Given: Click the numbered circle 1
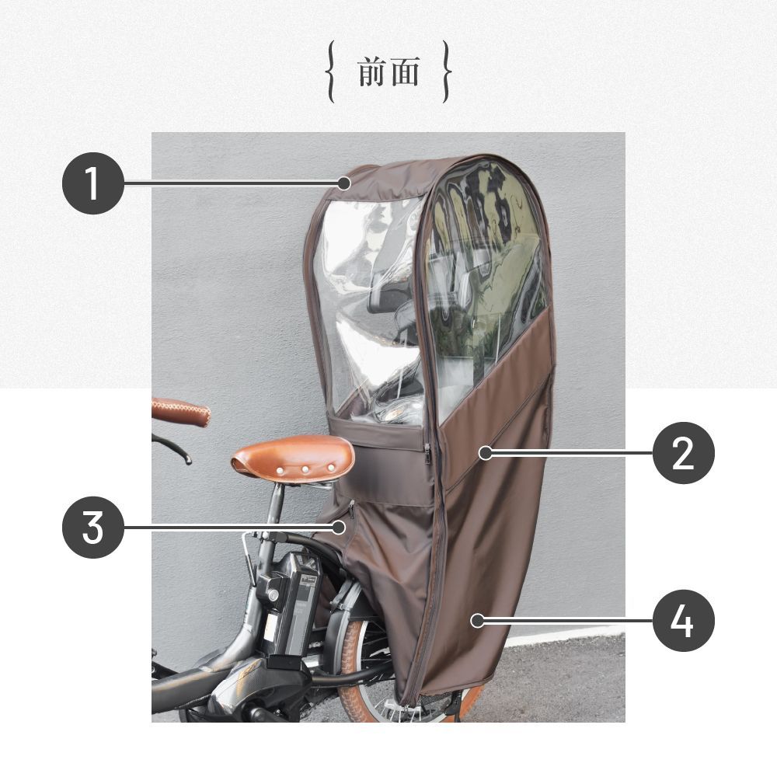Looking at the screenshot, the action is coord(92,183).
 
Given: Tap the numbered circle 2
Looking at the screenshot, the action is coord(683,453).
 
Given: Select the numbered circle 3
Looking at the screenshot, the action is coord(92,528).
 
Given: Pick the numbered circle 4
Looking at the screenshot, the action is coord(683,620).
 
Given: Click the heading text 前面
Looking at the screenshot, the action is coord(388,71).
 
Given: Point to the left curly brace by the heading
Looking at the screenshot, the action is coord(330,71).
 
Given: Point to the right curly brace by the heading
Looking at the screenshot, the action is coord(447,71).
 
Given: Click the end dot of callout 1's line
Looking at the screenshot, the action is coord(344,183).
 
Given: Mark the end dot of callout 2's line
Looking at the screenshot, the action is coord(486,453).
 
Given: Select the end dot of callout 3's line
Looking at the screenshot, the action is coord(339,528).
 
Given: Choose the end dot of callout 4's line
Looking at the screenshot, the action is coord(477,620).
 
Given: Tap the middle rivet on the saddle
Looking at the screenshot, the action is coord(305,469).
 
